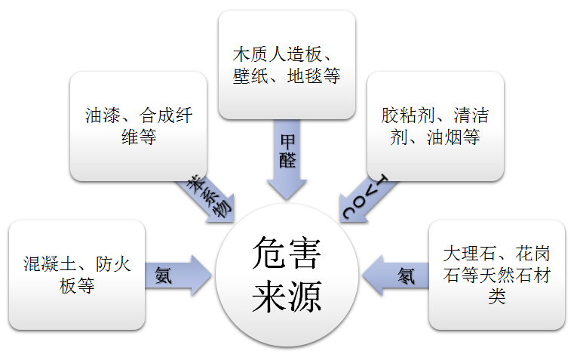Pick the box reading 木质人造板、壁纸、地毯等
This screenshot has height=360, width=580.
[287, 65]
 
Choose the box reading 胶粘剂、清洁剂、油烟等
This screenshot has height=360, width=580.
[435, 126]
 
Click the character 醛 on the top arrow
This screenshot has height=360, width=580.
[287, 161]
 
